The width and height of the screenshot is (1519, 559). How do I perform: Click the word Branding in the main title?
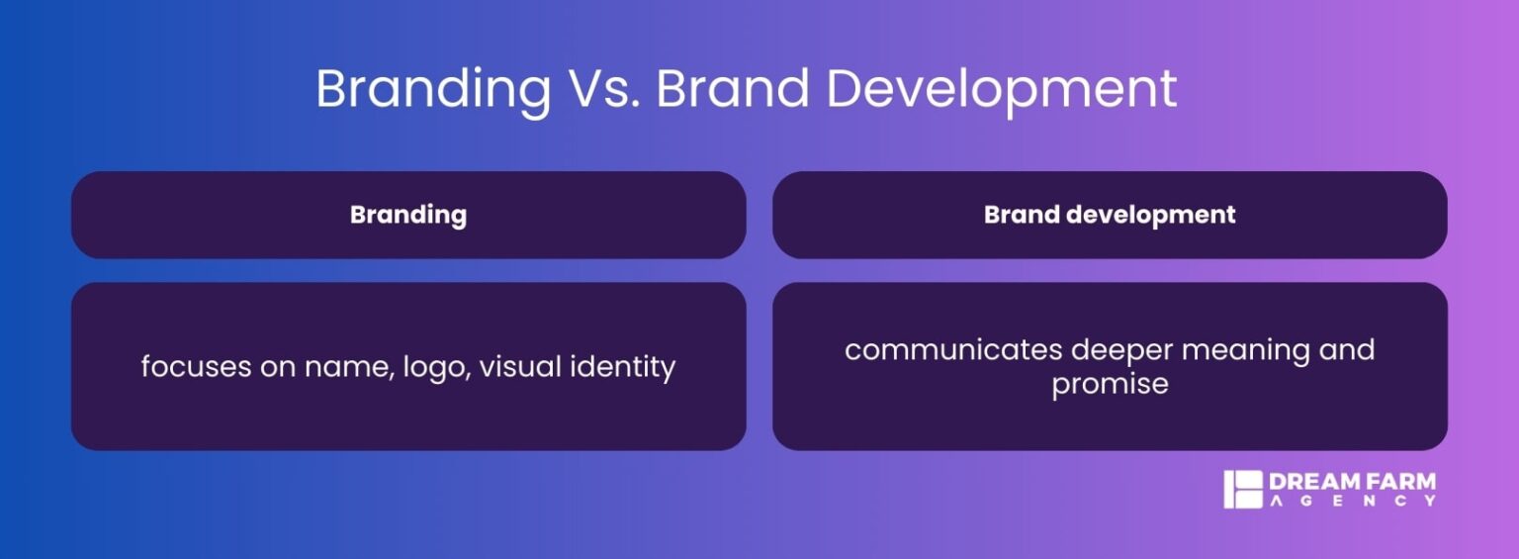click(x=433, y=89)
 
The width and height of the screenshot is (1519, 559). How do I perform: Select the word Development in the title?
click(x=1001, y=89)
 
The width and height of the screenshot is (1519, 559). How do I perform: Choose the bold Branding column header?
click(x=408, y=215)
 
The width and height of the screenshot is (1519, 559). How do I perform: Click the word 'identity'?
click(x=625, y=368)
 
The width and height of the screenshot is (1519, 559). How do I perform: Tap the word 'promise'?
click(x=1110, y=384)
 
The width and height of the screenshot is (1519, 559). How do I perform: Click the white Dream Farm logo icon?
click(x=1243, y=490)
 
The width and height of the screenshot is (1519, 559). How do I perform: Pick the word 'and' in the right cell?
click(x=1346, y=350)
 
